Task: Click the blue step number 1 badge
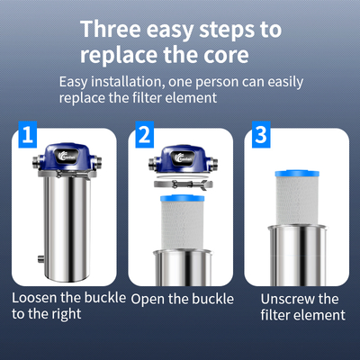pyautogui.click(x=28, y=135)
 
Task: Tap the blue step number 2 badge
pyautogui.click(x=145, y=135)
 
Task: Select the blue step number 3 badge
pyautogui.click(x=261, y=135)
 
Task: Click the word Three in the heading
pyautogui.click(x=111, y=29)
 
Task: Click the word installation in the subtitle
pyautogui.click(x=128, y=82)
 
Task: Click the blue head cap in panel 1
pyautogui.click(x=67, y=157)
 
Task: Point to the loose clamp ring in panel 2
pyautogui.click(x=184, y=184)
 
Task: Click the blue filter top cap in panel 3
pyautogui.click(x=297, y=173)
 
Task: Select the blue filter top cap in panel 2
pyautogui.click(x=183, y=198)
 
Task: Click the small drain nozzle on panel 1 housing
pyautogui.click(x=41, y=258)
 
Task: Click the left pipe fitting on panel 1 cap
pyautogui.click(x=36, y=162)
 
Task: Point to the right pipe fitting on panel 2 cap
pyautogui.click(x=213, y=164)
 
